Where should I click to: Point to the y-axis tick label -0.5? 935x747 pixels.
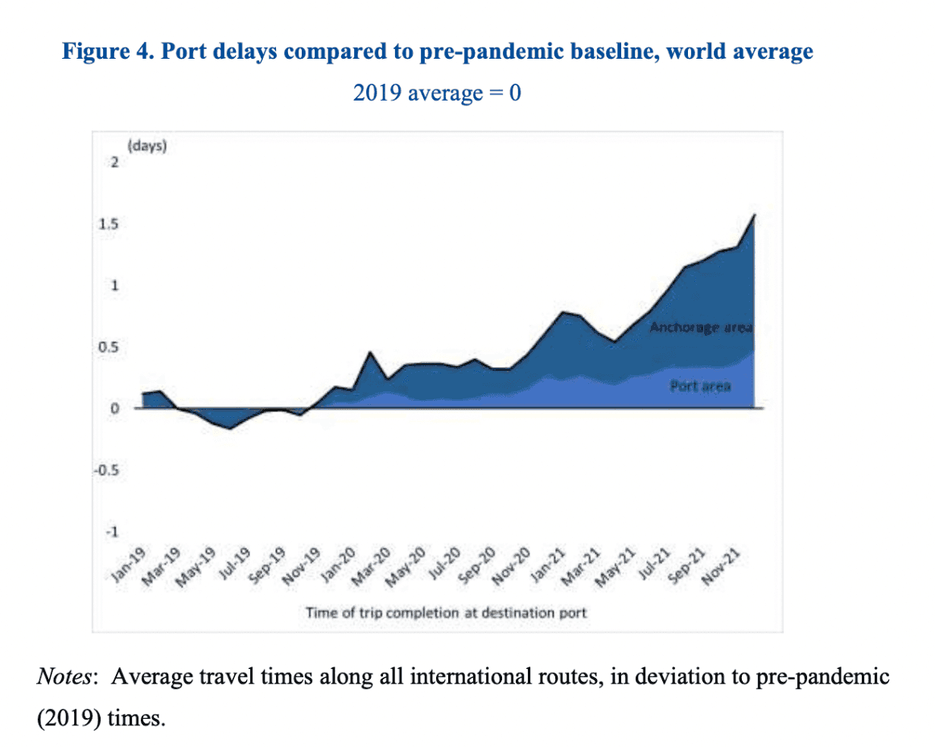pyautogui.click(x=108, y=471)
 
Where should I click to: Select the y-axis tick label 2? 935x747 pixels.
pyautogui.click(x=114, y=163)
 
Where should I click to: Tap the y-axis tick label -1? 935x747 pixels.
pyautogui.click(x=112, y=533)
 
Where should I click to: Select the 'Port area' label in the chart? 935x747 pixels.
pyautogui.click(x=700, y=386)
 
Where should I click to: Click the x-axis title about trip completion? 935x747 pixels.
pyautogui.click(x=446, y=613)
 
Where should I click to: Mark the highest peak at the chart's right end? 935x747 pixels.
pyautogui.click(x=755, y=215)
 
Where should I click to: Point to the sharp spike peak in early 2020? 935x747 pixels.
pyautogui.click(x=369, y=352)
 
